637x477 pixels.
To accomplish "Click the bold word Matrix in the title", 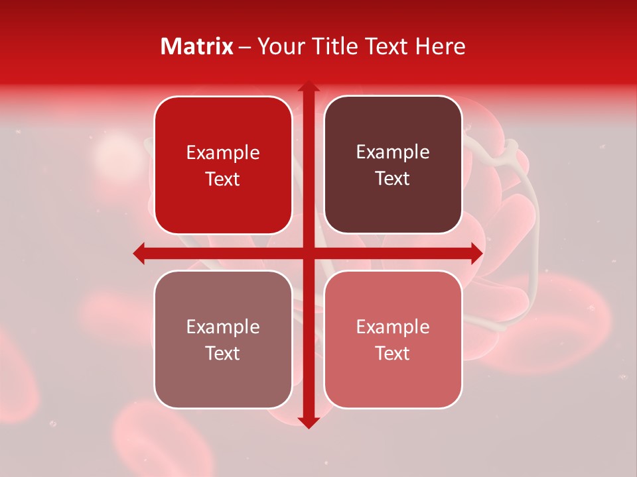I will tap(197, 46).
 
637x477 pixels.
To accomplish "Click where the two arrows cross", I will tap(308, 253).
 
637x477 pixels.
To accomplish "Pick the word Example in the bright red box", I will tap(223, 153).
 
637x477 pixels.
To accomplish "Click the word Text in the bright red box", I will tap(223, 179).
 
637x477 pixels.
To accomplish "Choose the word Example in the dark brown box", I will tap(393, 152).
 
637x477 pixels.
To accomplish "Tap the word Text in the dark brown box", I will tap(393, 178).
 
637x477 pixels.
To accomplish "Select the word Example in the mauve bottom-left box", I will tap(223, 327).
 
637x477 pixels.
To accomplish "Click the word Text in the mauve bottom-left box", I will tap(223, 353).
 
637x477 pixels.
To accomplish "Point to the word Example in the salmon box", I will tap(393, 327).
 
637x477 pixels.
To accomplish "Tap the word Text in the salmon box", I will tap(393, 353).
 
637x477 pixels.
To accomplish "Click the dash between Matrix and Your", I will tap(245, 47).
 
